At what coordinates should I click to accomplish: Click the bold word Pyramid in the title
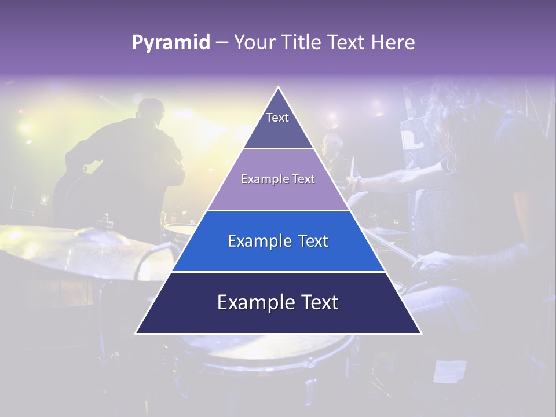[170, 43]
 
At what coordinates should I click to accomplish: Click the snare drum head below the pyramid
[278, 348]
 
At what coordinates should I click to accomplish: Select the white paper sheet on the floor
[449, 371]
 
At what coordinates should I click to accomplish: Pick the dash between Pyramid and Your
[222, 43]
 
